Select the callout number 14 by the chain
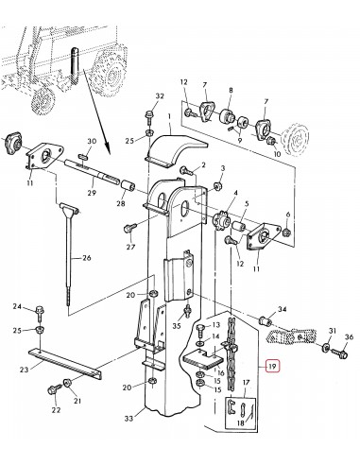click(x=218, y=336)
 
